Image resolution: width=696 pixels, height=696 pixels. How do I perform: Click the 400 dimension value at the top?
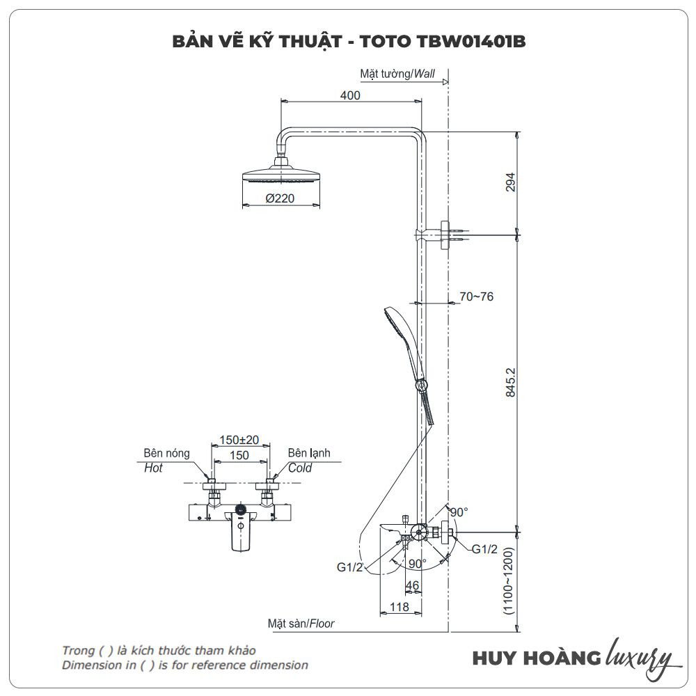coord(351,95)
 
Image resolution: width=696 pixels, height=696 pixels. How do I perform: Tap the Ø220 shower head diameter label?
coord(280,198)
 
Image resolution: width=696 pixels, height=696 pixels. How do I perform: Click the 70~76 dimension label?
coord(476,296)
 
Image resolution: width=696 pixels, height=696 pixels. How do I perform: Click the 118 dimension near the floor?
coord(399,607)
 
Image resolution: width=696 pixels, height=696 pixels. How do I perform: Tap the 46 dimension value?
coord(412,585)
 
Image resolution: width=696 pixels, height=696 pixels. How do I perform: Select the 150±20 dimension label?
coord(239,440)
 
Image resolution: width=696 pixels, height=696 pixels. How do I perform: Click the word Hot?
coord(153,468)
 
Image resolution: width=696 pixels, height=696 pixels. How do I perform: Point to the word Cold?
coord(300,468)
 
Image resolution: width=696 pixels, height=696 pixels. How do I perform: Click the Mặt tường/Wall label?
coord(397,73)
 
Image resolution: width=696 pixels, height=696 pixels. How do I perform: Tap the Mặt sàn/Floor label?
coord(301,624)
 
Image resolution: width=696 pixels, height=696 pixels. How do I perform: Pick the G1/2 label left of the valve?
coord(350,567)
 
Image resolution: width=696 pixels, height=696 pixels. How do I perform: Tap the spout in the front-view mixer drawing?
coord(239,537)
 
